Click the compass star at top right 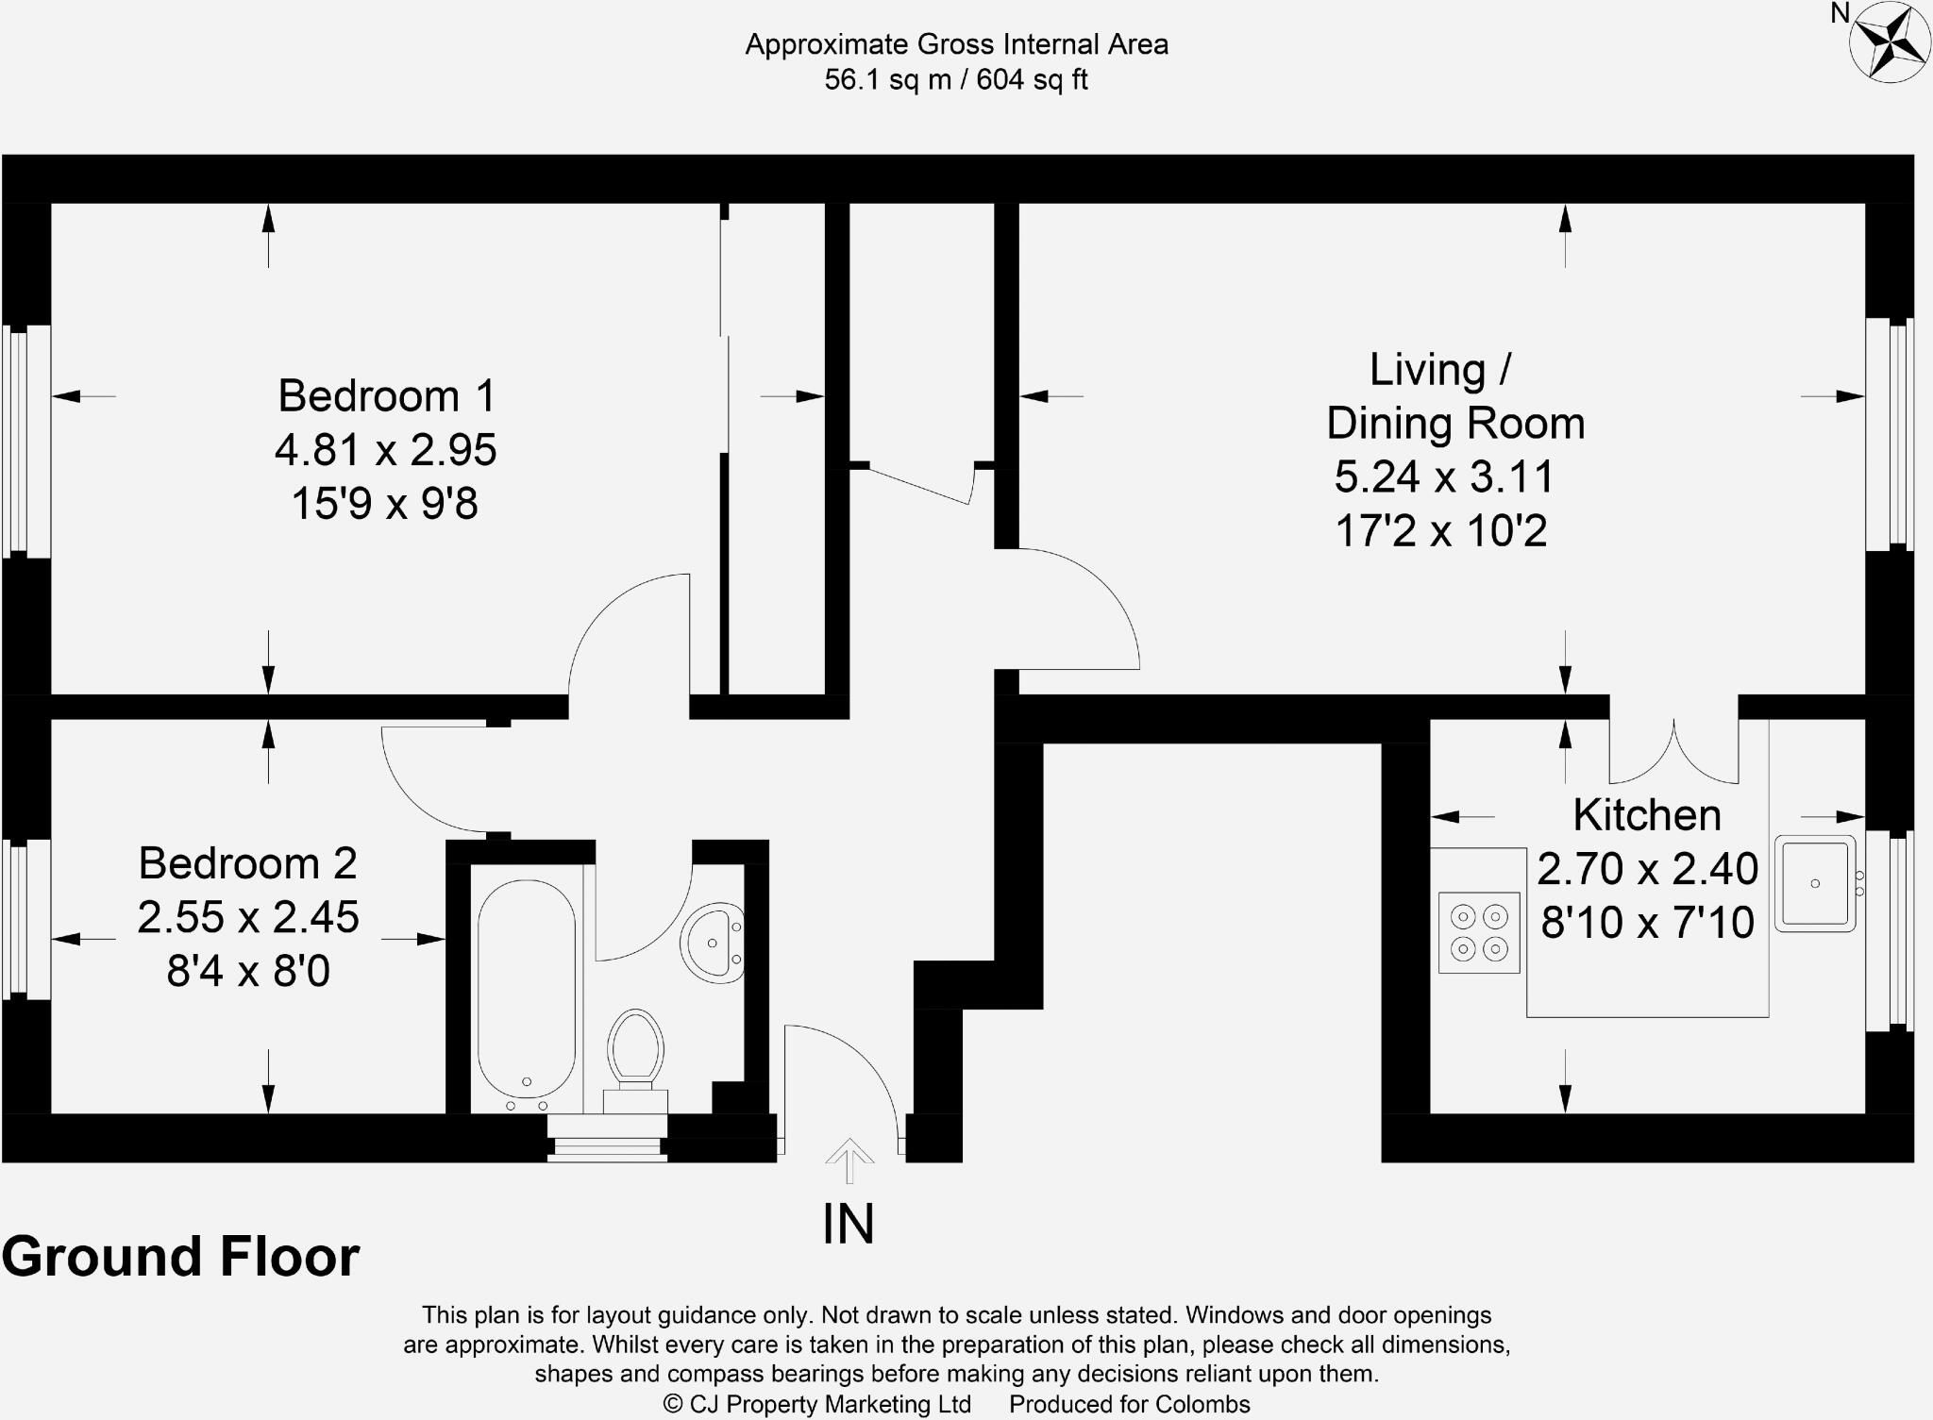pyautogui.click(x=1889, y=42)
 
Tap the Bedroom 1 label pyautogui.click(x=386, y=395)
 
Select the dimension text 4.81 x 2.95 pyautogui.click(x=385, y=450)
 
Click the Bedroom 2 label pyautogui.click(x=247, y=863)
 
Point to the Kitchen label pyautogui.click(x=1647, y=815)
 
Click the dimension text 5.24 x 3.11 pyautogui.click(x=1443, y=476)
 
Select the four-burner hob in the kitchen pyautogui.click(x=1479, y=932)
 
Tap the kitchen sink pyautogui.click(x=1814, y=883)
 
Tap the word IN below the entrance pyautogui.click(x=849, y=1224)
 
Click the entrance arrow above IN pyautogui.click(x=849, y=1160)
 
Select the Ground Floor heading pyautogui.click(x=180, y=1257)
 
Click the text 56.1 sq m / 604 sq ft pyautogui.click(x=955, y=80)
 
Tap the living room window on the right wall pyautogui.click(x=1890, y=434)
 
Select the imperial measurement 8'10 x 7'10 pyautogui.click(x=1647, y=922)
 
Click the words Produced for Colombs pyautogui.click(x=1129, y=1404)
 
